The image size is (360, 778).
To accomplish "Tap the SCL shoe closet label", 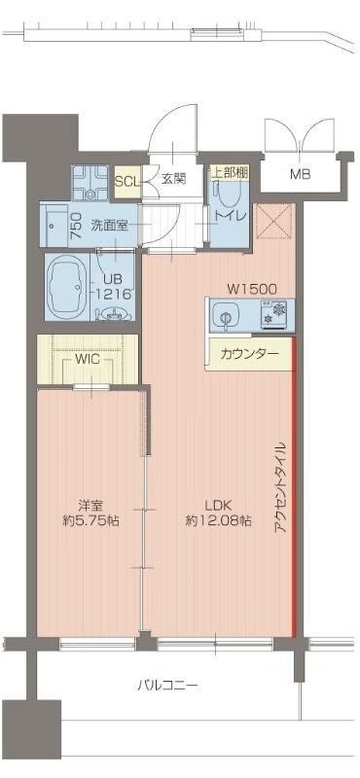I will pyautogui.click(x=126, y=180).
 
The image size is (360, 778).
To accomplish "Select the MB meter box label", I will pyautogui.click(x=300, y=174).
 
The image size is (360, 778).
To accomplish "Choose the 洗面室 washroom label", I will pyautogui.click(x=110, y=225).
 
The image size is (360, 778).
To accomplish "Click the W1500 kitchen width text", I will pyautogui.click(x=253, y=288).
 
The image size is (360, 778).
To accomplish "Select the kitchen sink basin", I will pyautogui.click(x=226, y=315).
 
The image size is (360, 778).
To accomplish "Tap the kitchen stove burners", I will pyautogui.click(x=276, y=315).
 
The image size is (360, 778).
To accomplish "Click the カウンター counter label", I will pyautogui.click(x=250, y=353).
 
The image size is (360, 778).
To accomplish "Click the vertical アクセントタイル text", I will pyautogui.click(x=280, y=497).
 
